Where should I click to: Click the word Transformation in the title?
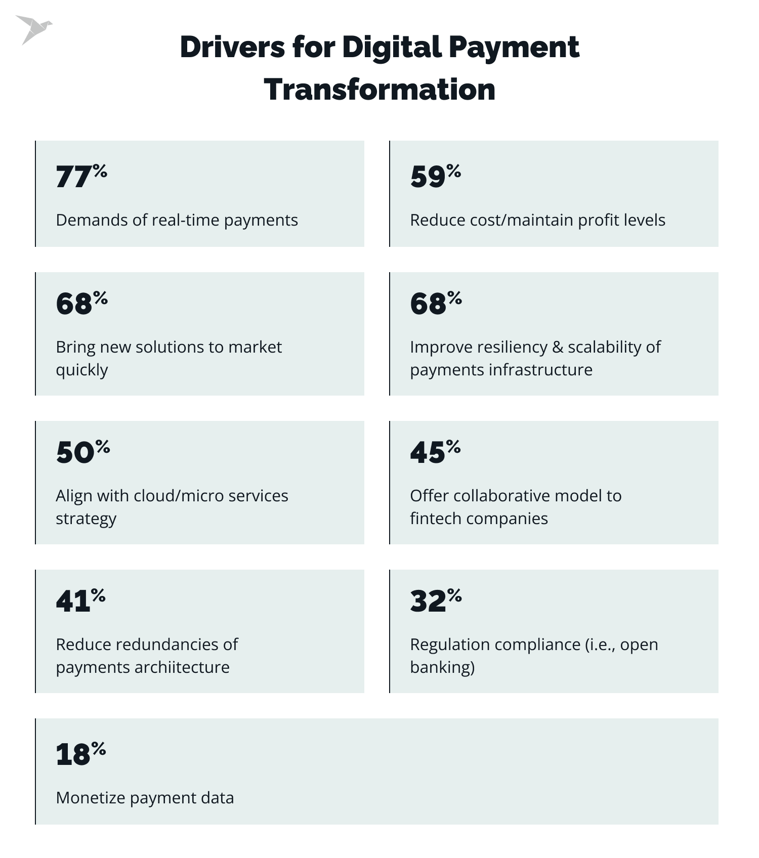pyautogui.click(x=379, y=90)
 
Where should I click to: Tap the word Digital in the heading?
pyautogui.click(x=392, y=47)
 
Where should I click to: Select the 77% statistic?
pyautogui.click(x=81, y=176)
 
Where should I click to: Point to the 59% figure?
pyautogui.click(x=435, y=176)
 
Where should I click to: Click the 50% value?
pyautogui.click(x=82, y=451)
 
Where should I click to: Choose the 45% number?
pyautogui.click(x=435, y=451)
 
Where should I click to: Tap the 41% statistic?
pyautogui.click(x=80, y=600)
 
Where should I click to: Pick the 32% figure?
pyautogui.click(x=436, y=600)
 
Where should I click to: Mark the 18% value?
pyautogui.click(x=80, y=754)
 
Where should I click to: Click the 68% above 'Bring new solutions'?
pyautogui.click(x=81, y=303)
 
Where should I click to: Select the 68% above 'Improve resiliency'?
pyautogui.click(x=436, y=303)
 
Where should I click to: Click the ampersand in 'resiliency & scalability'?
pyautogui.click(x=558, y=347)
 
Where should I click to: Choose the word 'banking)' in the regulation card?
pyautogui.click(x=442, y=667)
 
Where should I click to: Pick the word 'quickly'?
pyautogui.click(x=82, y=370)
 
